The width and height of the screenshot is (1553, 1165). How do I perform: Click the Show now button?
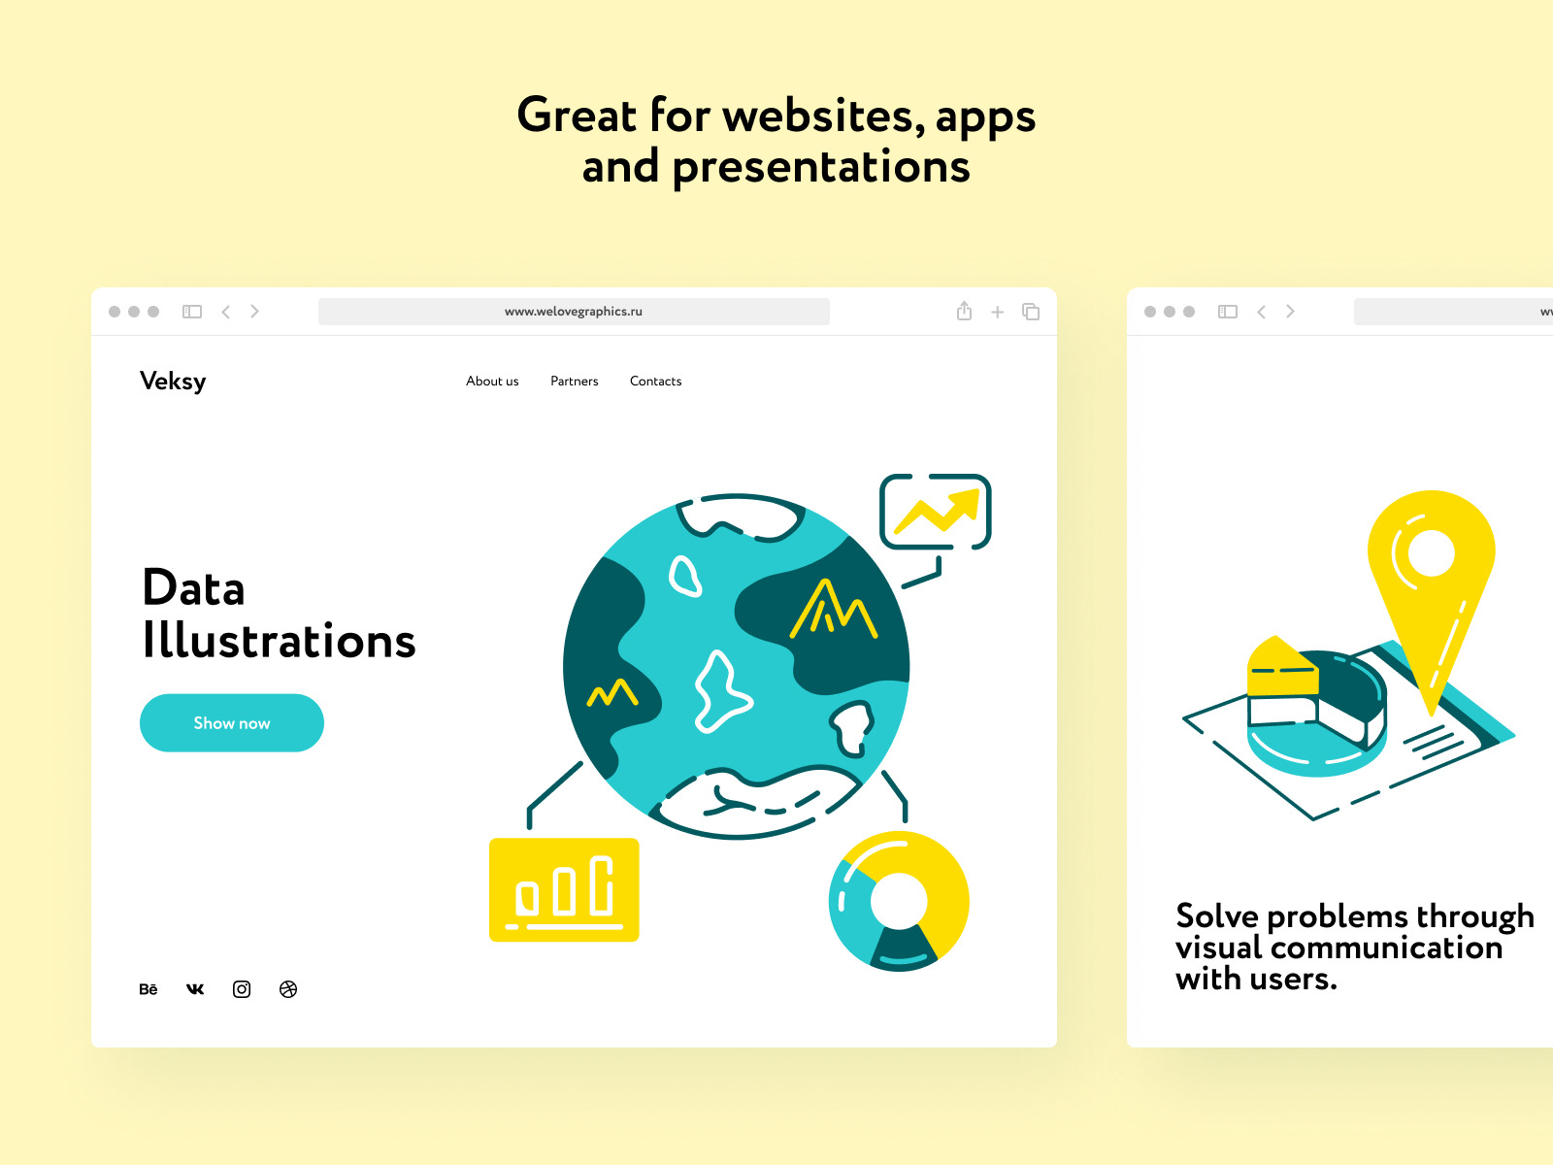pyautogui.click(x=231, y=722)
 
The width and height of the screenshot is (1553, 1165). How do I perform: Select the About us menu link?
pyautogui.click(x=492, y=381)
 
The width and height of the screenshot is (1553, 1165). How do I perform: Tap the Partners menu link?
pyautogui.click(x=574, y=381)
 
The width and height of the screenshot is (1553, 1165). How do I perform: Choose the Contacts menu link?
pyautogui.click(x=655, y=381)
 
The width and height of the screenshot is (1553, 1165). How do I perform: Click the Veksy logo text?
pyautogui.click(x=173, y=382)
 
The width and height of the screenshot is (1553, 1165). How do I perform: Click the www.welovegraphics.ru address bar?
pyautogui.click(x=574, y=312)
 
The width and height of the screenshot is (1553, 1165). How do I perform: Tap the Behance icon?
pyautogui.click(x=148, y=989)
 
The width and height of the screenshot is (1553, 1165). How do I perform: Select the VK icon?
pyautogui.click(x=194, y=989)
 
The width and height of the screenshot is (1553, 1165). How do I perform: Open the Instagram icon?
pyautogui.click(x=242, y=989)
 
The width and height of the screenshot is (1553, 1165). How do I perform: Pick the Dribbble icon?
pyautogui.click(x=288, y=989)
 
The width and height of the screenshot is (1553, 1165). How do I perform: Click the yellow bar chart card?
pyautogui.click(x=564, y=889)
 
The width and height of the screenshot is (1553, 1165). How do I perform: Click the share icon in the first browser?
pyautogui.click(x=964, y=311)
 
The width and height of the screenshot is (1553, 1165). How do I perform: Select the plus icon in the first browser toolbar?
pyautogui.click(x=997, y=312)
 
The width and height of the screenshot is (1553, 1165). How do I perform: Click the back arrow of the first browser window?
pyautogui.click(x=226, y=312)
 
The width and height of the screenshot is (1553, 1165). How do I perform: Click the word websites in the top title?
pyautogui.click(x=823, y=116)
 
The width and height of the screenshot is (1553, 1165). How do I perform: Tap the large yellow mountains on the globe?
pyautogui.click(x=833, y=610)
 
